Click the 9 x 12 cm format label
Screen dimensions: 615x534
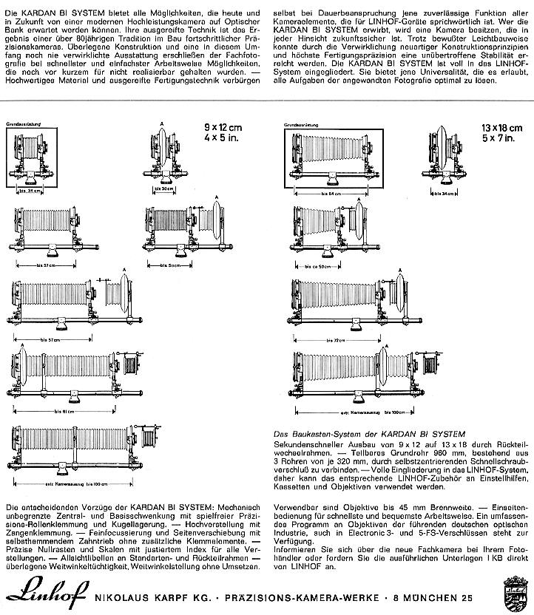pos(224,126)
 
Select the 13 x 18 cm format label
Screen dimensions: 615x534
pos(500,126)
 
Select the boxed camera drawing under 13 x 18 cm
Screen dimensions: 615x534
pos(328,158)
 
